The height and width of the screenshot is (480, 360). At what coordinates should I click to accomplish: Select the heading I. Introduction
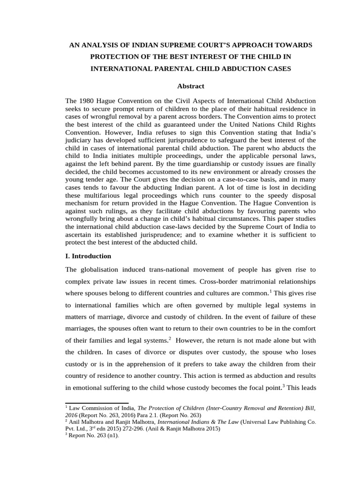[88, 256]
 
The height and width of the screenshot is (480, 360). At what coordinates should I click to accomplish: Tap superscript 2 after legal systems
[170, 337]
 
